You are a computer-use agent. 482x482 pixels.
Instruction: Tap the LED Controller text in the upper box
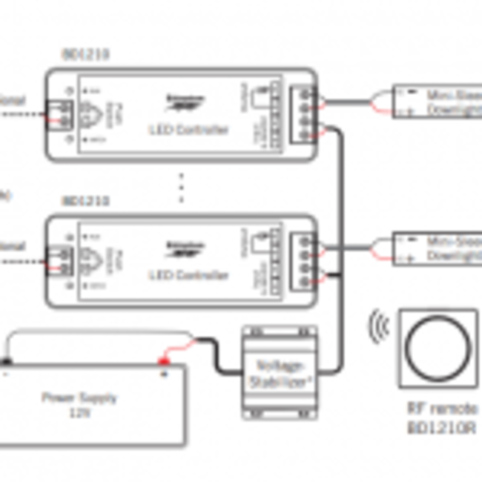click(x=188, y=130)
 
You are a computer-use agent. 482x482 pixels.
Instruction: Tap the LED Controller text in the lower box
click(x=188, y=276)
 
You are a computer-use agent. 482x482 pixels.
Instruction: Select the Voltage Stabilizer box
click(x=279, y=372)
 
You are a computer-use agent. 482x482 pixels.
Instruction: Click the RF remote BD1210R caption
click(x=442, y=418)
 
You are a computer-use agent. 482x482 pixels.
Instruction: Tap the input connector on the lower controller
click(x=63, y=260)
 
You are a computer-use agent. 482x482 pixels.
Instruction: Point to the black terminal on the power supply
click(x=6, y=363)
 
